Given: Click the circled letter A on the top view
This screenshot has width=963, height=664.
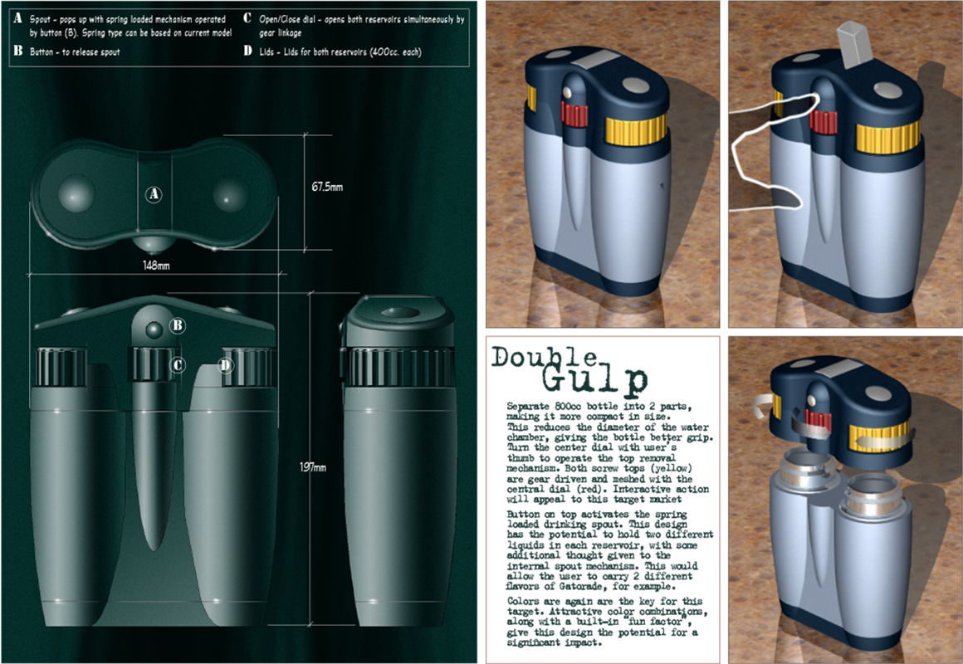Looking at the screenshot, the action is (x=154, y=195).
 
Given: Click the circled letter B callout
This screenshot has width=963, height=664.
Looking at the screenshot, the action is (x=178, y=325).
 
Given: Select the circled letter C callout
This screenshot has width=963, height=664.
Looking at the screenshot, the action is (x=178, y=365).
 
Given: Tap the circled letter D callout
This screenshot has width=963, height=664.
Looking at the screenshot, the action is (x=226, y=365).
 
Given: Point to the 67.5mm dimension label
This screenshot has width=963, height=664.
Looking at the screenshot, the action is (x=327, y=187).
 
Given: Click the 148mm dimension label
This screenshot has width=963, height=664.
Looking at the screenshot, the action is (x=156, y=266).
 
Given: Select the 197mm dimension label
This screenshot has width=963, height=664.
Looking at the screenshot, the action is (x=313, y=467).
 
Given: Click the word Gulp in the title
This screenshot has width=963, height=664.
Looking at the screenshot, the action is (x=595, y=379).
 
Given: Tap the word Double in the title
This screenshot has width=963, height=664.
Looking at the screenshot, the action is (x=544, y=358).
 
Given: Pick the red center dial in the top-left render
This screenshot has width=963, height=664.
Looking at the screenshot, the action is (x=574, y=115).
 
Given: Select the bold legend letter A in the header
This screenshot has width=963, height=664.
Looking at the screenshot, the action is (x=17, y=18).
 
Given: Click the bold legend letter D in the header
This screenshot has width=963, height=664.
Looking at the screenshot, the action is (x=247, y=51).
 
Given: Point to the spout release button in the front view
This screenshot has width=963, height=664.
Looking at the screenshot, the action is (x=153, y=330).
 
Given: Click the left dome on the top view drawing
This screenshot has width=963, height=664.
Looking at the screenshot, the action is (x=76, y=193).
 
